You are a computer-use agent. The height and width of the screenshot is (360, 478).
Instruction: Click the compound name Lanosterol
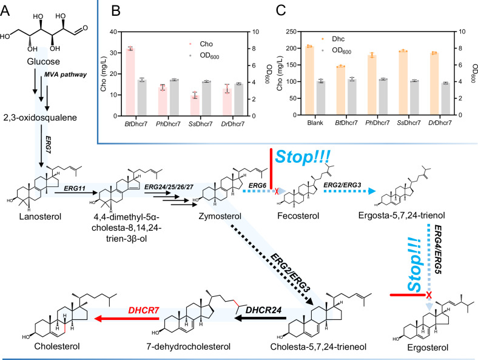pos(35,216)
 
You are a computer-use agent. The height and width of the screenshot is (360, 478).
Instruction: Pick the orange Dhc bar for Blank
pos(309,80)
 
